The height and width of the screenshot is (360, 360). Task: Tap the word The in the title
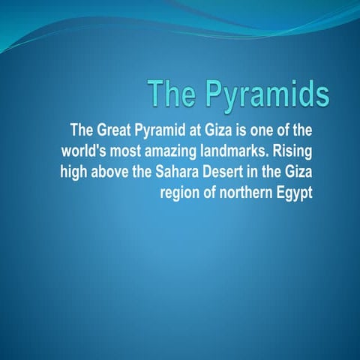[x=171, y=94]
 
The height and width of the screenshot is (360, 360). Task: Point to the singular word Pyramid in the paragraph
[x=163, y=127]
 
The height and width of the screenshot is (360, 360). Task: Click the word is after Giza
[x=241, y=127]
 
